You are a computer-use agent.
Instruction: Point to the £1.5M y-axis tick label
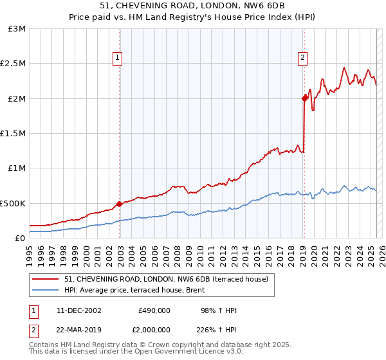tap(14, 134)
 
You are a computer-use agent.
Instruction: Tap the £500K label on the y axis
tap(14, 203)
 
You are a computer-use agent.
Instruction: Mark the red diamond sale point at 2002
tap(120, 204)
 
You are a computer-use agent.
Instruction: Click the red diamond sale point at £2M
tap(304, 98)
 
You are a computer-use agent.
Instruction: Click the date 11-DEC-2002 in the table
tap(78, 310)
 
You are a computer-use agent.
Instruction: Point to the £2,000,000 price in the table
tap(154, 328)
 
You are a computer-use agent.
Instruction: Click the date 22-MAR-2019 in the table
tap(78, 328)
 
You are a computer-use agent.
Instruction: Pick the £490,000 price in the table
tap(154, 310)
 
